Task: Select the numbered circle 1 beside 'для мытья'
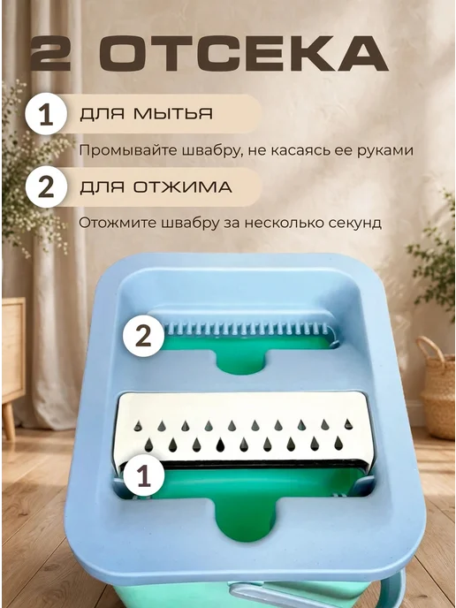[46, 114]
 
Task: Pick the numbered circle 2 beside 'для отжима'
[46, 186]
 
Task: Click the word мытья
[173, 114]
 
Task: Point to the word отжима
[182, 187]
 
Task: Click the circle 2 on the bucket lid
[143, 336]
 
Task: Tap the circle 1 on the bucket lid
[143, 475]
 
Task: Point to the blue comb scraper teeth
[247, 330]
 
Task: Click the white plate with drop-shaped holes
[244, 428]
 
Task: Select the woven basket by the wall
[437, 387]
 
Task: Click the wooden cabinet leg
[9, 422]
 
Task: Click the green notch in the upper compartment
[240, 362]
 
